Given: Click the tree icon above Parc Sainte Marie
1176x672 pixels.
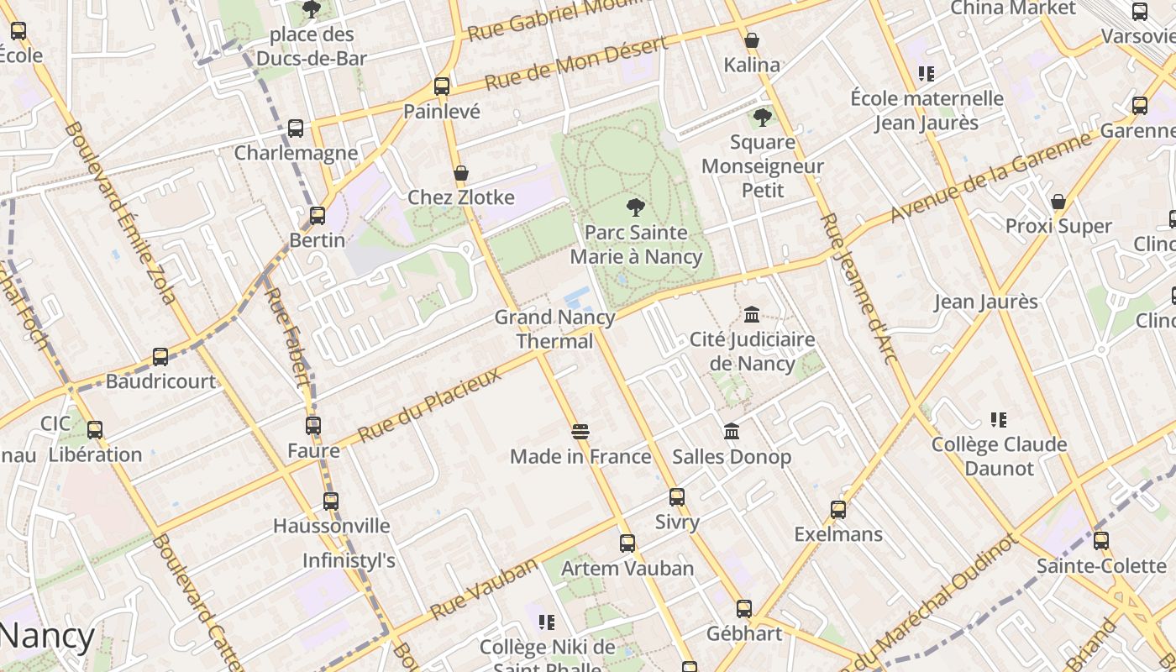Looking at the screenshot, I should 636,207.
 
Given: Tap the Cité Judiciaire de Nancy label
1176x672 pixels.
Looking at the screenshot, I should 752,351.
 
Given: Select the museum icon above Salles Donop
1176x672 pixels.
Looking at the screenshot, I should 732,431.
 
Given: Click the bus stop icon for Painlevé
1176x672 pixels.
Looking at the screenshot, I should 442,86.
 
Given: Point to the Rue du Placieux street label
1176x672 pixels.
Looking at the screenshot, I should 429,405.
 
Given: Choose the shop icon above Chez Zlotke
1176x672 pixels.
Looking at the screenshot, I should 460,173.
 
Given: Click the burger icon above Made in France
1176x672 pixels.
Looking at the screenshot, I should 580,432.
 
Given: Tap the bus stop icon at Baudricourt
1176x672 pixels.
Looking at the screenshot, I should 160,356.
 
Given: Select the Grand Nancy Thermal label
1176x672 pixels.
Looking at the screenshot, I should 554,329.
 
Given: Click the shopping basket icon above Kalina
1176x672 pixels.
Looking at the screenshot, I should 752,40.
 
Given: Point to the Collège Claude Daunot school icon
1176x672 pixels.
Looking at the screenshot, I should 998,419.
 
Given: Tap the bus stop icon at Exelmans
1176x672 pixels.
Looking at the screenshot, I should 837,509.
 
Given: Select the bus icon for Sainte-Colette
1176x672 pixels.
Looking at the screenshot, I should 1100,540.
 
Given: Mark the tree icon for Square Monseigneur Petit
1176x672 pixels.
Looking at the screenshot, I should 762,118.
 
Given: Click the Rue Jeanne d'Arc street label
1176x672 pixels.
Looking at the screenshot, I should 858,288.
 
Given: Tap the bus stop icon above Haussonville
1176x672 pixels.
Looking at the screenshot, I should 331,501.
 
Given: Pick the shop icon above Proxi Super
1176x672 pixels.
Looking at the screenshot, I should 1058,202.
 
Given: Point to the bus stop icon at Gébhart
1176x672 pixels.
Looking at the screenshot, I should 744,608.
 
